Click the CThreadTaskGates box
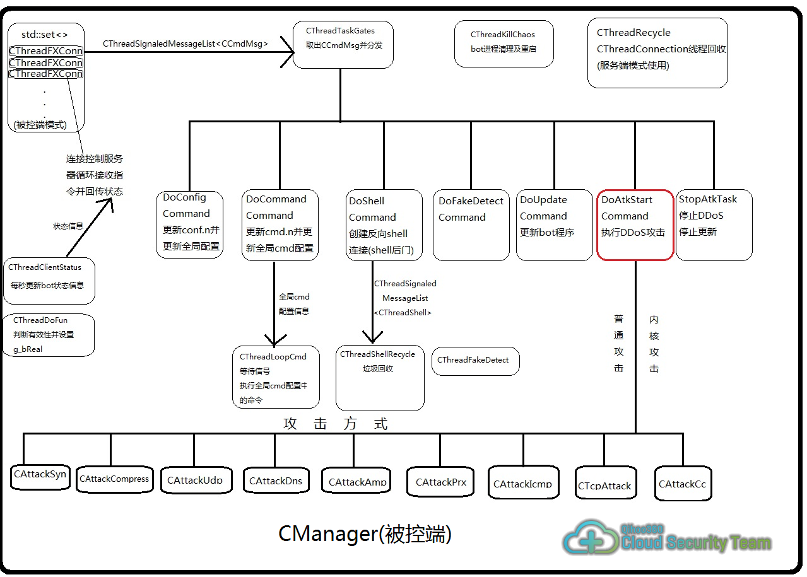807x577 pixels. (x=343, y=44)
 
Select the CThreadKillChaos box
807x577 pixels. (x=504, y=44)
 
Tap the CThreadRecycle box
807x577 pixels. (x=657, y=52)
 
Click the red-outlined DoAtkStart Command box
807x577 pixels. (x=635, y=224)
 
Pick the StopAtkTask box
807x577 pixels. (x=714, y=224)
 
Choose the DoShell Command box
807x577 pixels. (x=384, y=225)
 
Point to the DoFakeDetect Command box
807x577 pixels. (x=471, y=225)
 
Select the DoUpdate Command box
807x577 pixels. (x=553, y=224)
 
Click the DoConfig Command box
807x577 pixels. (x=189, y=224)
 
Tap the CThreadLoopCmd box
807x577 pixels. (x=275, y=376)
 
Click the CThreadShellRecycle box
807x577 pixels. (x=379, y=377)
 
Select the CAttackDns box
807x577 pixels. (x=275, y=482)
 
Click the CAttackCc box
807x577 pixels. (x=683, y=484)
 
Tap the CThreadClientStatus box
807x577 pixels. (x=49, y=281)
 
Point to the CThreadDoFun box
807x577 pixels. (x=49, y=334)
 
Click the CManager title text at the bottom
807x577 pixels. (x=365, y=534)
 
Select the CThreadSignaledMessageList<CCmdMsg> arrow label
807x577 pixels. (x=186, y=44)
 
